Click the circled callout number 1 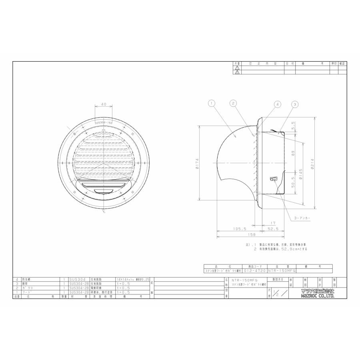(212, 103)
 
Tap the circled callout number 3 (295, 104)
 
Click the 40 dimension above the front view (104, 104)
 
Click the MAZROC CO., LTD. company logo (318, 293)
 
